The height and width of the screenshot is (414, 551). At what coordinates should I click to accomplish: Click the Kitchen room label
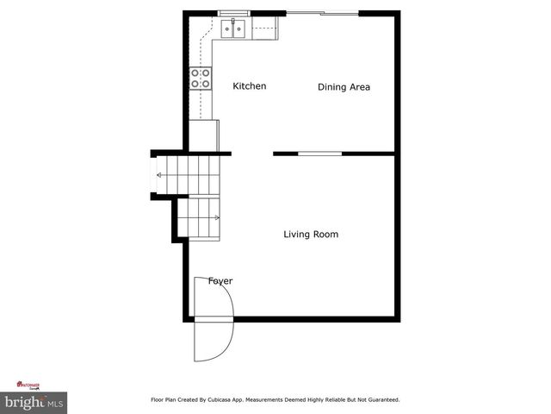tap(250, 86)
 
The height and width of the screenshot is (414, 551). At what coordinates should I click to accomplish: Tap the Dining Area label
tap(344, 87)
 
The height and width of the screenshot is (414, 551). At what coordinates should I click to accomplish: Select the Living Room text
tap(311, 234)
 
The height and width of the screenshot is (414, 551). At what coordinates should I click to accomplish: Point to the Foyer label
tap(220, 281)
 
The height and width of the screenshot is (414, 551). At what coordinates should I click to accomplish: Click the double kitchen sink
tap(233, 30)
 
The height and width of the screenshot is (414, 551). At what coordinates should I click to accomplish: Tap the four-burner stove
tap(201, 78)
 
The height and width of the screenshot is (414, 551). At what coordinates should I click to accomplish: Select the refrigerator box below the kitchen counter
tap(205, 135)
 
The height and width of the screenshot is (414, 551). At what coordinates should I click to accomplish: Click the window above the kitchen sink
tap(233, 13)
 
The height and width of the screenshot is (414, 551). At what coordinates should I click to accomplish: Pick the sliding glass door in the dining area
tap(323, 13)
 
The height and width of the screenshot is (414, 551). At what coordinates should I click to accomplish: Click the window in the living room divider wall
tap(319, 154)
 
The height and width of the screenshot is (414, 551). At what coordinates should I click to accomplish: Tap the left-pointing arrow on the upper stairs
tap(160, 175)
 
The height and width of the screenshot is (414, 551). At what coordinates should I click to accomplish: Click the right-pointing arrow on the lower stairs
tap(216, 218)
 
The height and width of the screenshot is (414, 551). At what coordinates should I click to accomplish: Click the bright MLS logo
tap(34, 402)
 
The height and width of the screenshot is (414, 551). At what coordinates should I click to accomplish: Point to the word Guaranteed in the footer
tap(379, 400)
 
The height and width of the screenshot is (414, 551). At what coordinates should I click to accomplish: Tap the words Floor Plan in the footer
tap(164, 400)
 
